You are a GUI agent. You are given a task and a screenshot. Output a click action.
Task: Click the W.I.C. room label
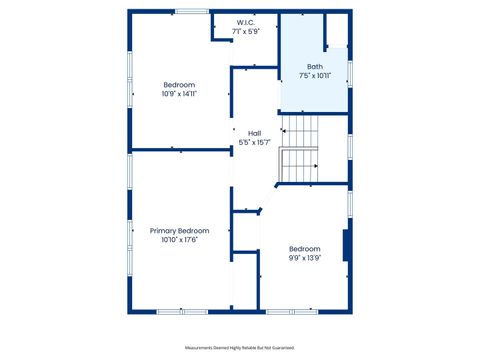coord(246,22)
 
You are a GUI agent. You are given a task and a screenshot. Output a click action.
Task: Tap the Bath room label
coord(315,66)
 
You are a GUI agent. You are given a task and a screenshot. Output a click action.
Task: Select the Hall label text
coord(255,133)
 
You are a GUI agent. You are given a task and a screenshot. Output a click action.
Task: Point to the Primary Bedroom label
coord(179,230)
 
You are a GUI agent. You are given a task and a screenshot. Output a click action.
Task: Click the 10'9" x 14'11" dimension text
coord(179,94)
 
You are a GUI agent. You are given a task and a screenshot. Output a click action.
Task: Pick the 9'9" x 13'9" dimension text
coord(305,257)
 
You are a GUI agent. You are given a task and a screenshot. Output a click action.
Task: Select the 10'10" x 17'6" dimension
coord(179,239)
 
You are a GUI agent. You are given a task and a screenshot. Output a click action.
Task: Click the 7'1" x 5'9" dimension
coord(246,31)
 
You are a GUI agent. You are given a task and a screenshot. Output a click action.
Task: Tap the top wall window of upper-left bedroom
coord(191,11)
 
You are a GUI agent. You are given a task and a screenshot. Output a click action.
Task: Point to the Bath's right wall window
coord(349,71)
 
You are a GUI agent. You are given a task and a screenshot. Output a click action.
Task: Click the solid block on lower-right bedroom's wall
coord(346,246)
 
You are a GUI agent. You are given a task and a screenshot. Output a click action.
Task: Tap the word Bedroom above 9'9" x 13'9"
coord(305,248)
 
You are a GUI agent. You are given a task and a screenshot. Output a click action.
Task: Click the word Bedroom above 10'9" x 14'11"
coord(179,85)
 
